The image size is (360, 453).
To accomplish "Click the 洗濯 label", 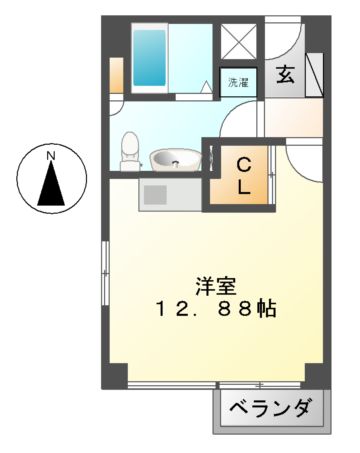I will (238, 82).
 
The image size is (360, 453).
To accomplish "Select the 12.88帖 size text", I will (216, 309).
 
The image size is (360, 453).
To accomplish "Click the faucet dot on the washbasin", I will (176, 165).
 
